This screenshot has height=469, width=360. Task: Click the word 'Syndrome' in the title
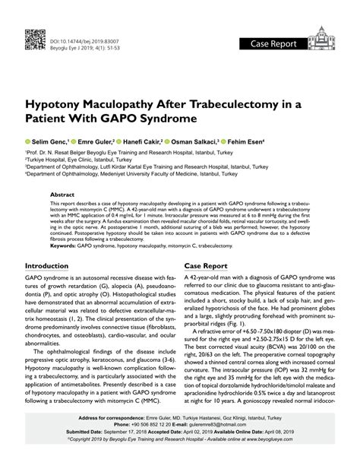coord(169,120)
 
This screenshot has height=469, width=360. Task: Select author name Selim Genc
coord(49,142)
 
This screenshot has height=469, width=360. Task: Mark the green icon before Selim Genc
coord(27,142)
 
